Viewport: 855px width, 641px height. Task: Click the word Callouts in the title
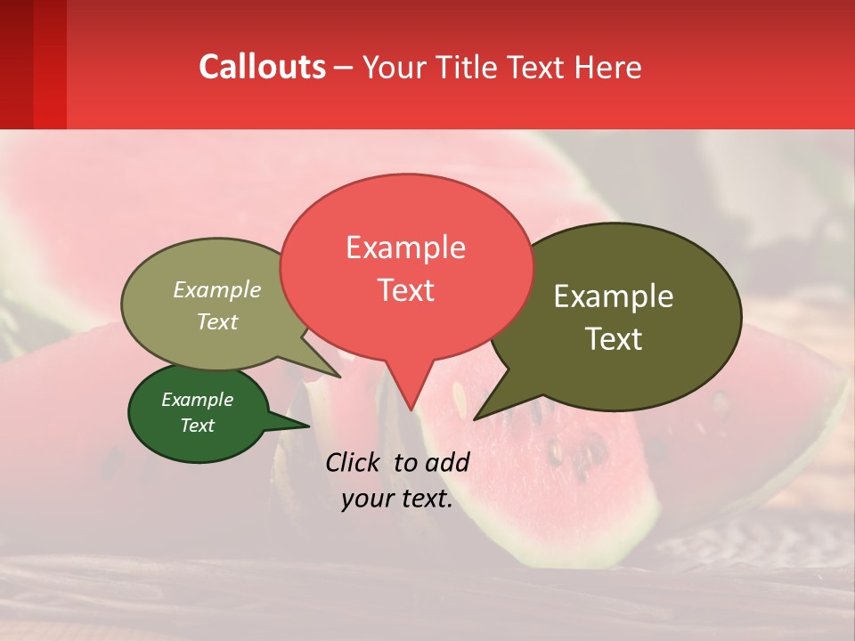pyautogui.click(x=262, y=67)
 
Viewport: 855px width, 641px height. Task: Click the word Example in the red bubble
pyautogui.click(x=405, y=247)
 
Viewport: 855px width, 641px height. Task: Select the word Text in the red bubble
pyautogui.click(x=405, y=290)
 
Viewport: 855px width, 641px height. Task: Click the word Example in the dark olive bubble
pyautogui.click(x=614, y=296)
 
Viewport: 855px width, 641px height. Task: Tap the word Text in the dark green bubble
pyautogui.click(x=198, y=426)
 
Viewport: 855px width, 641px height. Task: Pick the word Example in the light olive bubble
pyautogui.click(x=217, y=290)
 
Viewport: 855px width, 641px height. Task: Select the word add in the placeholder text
pyautogui.click(x=447, y=462)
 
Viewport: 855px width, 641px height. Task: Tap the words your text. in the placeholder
pyautogui.click(x=397, y=499)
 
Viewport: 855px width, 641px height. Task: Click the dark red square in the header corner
pyautogui.click(x=33, y=64)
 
